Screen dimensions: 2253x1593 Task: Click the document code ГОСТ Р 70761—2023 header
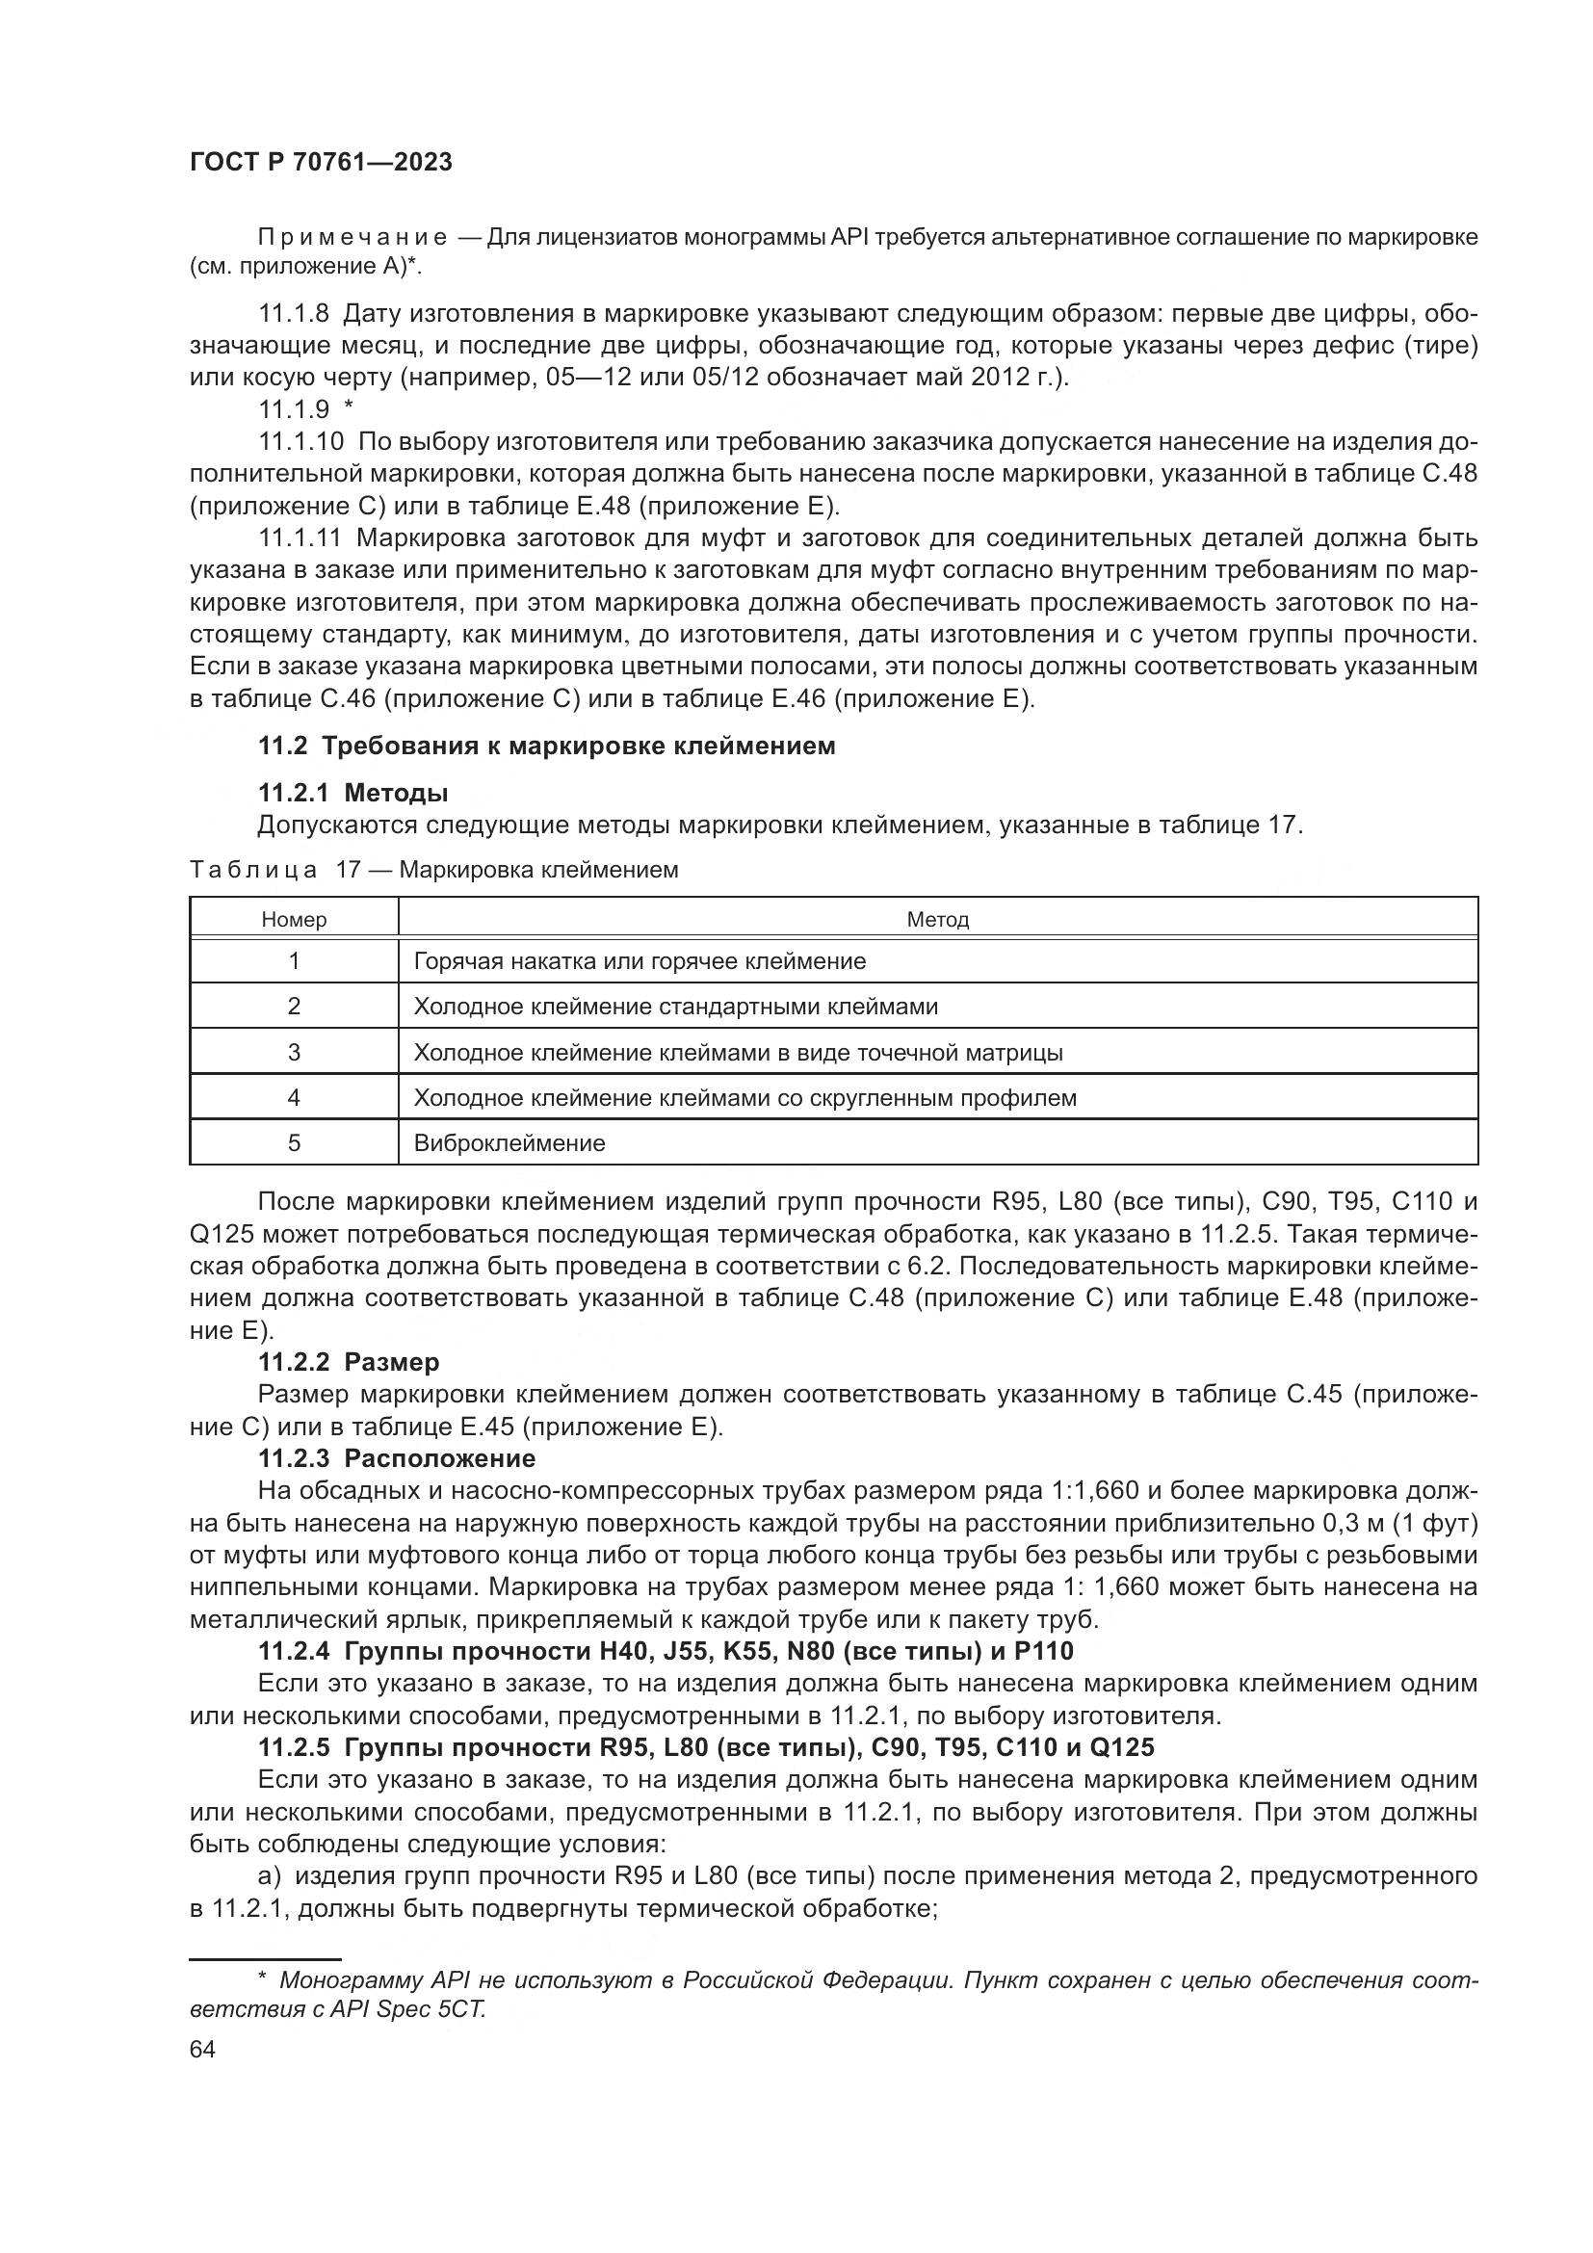tap(321, 163)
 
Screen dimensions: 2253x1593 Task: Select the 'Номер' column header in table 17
tap(294, 920)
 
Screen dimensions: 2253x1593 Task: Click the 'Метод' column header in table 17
tap(937, 920)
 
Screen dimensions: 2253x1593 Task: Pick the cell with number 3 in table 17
tap(294, 1052)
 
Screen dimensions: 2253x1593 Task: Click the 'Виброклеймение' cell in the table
tap(509, 1143)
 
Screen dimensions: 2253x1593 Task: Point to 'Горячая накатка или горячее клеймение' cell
tap(640, 960)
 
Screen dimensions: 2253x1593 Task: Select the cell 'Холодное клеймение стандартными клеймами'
tap(675, 1007)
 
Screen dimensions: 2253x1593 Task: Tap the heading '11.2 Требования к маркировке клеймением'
tap(546, 746)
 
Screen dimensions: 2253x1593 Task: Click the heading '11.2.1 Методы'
tap(353, 792)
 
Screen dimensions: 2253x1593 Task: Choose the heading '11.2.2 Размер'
tap(349, 1362)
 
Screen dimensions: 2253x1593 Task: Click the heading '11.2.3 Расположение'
tap(396, 1458)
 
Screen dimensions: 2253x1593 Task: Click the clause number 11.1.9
tap(294, 409)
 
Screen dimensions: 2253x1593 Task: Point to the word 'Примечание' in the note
tap(353, 238)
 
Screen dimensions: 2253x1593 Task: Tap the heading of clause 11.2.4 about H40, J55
tap(666, 1652)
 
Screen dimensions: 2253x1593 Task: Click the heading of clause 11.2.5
tap(706, 1747)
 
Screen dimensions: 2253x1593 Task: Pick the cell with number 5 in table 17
tap(294, 1143)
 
